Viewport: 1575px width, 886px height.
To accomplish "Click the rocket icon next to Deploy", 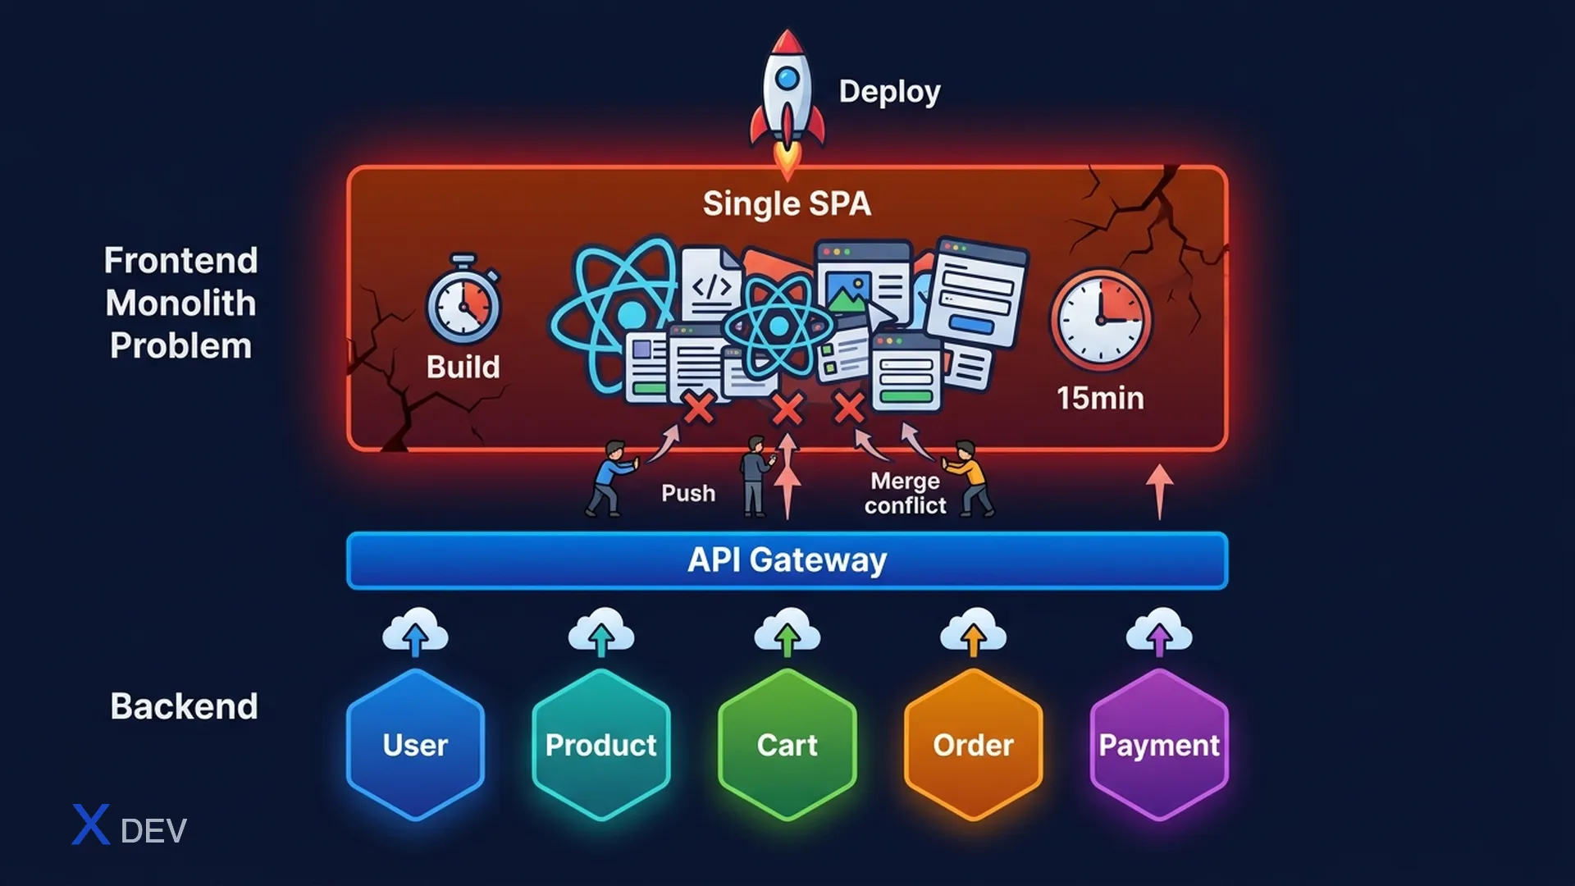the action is pyautogui.click(x=787, y=103).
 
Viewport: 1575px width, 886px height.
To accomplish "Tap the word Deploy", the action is pyautogui.click(x=889, y=92).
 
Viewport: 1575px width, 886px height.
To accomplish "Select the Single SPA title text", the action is pyautogui.click(x=787, y=203).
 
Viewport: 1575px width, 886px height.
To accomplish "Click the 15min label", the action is pyautogui.click(x=1100, y=398).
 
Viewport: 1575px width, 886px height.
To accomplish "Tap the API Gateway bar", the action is pyautogui.click(x=787, y=560).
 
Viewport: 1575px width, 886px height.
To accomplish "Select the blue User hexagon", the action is pyautogui.click(x=415, y=745).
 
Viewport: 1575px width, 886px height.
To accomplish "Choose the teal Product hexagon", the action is pyautogui.click(x=601, y=745).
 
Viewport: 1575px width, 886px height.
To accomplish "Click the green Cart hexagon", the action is pyautogui.click(x=787, y=745).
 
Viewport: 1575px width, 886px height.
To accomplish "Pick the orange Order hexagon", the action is pyautogui.click(x=974, y=745).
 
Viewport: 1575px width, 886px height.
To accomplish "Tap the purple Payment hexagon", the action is pyautogui.click(x=1159, y=745).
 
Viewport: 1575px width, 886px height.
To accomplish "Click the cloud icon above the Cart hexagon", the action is pyautogui.click(x=787, y=632).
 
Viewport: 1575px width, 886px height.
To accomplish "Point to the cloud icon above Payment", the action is pyautogui.click(x=1159, y=632).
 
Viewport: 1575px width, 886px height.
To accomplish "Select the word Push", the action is pyautogui.click(x=688, y=493).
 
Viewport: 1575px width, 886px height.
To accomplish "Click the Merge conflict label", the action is pyautogui.click(x=906, y=493).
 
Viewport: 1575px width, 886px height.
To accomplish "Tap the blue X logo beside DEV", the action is pyautogui.click(x=91, y=824).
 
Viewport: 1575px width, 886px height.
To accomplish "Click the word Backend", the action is pyautogui.click(x=184, y=706).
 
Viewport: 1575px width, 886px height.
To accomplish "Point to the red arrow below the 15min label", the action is pyautogui.click(x=1159, y=491).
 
